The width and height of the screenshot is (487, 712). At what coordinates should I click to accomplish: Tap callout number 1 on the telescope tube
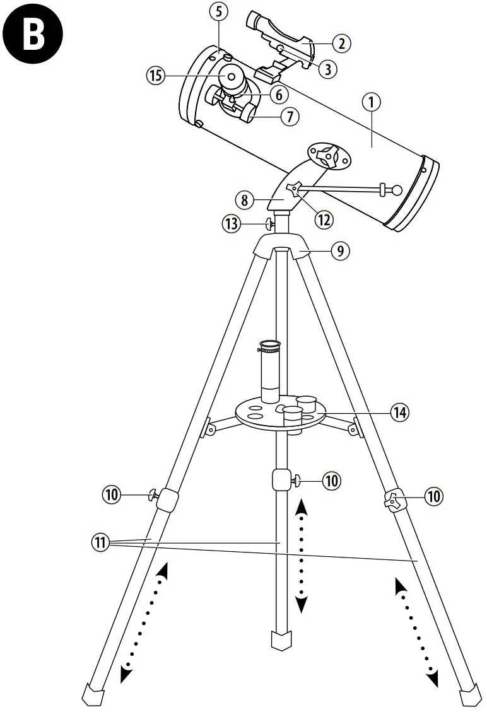[372, 102]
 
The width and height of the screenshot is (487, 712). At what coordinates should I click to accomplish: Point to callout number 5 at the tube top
[217, 11]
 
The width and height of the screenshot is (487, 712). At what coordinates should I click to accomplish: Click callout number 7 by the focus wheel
[290, 116]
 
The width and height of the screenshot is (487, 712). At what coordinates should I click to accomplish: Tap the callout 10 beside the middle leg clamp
[331, 481]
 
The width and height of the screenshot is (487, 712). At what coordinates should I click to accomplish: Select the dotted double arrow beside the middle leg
[301, 555]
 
